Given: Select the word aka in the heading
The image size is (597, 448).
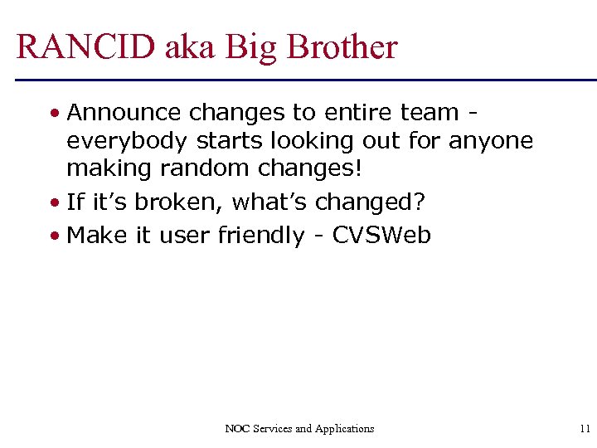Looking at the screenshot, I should [188, 47].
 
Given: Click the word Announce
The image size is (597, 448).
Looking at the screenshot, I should [124, 112].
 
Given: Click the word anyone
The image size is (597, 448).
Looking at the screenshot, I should [491, 141].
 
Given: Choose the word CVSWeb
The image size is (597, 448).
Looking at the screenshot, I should [382, 236].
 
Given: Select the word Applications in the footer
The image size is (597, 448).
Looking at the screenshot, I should [344, 429].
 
